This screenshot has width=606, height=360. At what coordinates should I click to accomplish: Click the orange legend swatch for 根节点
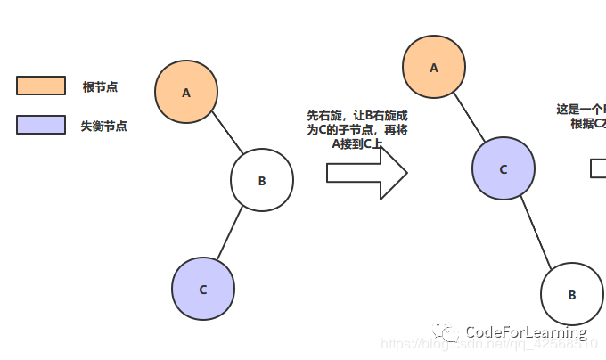pos(41,86)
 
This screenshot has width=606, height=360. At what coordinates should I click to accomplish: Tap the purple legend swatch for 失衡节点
pos(41,125)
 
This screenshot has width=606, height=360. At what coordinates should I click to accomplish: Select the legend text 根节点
pos(100,86)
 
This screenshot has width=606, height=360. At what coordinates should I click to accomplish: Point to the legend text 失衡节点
pos(103,127)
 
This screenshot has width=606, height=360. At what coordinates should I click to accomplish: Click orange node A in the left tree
pos(186,93)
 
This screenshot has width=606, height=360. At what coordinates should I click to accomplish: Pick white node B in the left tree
pos(262,181)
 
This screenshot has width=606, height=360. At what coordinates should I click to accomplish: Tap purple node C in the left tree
pos(203,290)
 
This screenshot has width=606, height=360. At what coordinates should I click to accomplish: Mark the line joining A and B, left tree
pos(227,139)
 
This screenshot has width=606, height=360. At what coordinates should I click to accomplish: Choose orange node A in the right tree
pos(434,67)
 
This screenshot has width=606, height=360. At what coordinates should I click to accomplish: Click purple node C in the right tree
pos(504,168)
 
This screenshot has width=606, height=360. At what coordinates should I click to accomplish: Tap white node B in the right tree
pos(572,294)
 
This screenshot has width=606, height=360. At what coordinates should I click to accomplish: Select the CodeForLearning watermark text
pos(526,331)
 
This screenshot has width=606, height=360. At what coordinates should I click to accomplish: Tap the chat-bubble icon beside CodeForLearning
pos(448,331)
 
